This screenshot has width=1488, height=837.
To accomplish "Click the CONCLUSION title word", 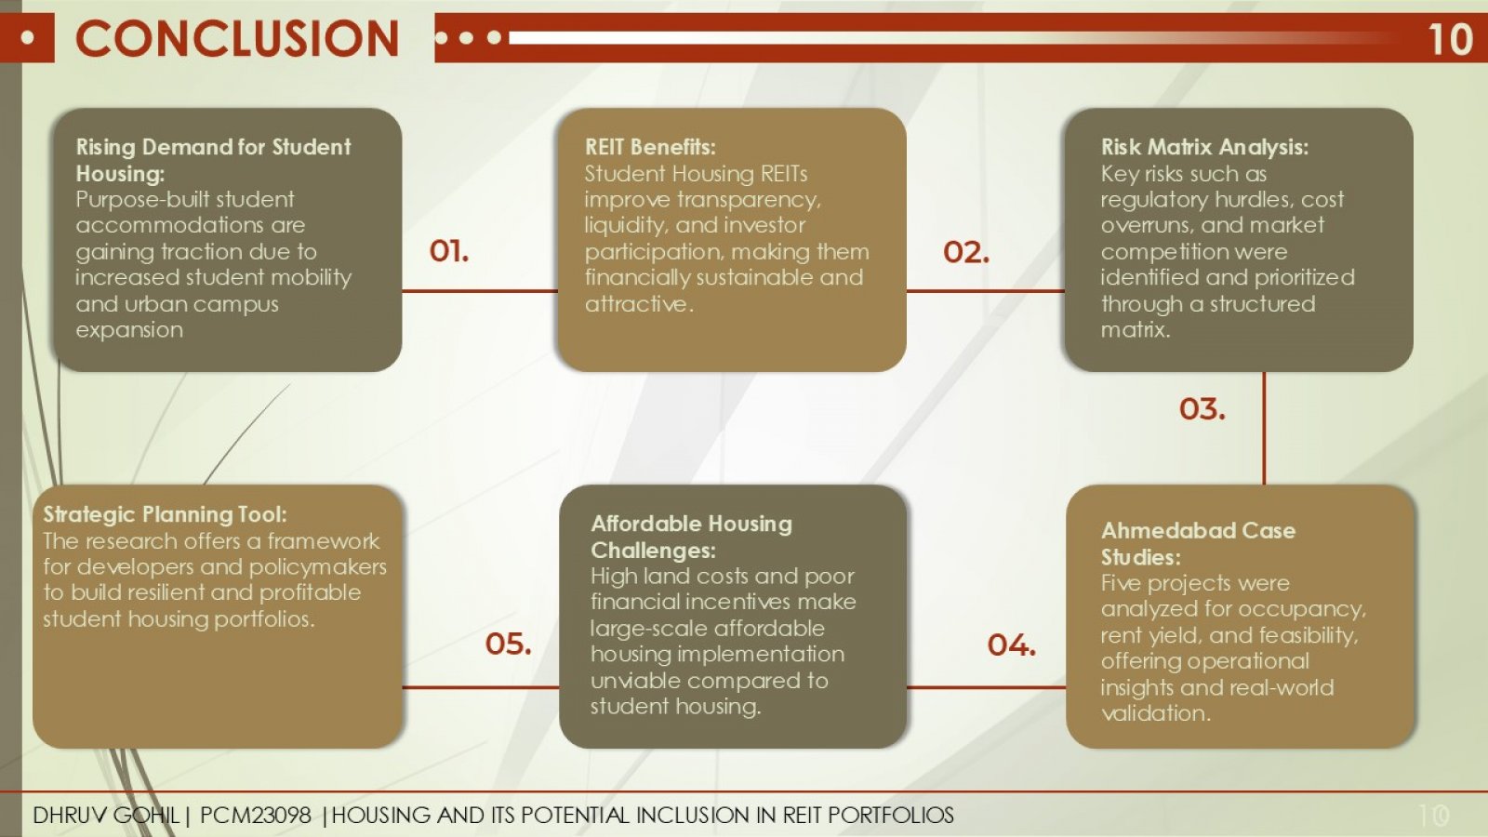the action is [237, 38].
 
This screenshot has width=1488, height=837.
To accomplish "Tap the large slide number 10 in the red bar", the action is [1450, 40].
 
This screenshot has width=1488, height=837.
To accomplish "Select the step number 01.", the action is [449, 251].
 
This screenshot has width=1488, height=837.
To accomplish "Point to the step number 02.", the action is [966, 252].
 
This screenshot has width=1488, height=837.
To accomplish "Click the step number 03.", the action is [1202, 409].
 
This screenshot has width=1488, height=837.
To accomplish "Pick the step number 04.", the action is [1012, 645].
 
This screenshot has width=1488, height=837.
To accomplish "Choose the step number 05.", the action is [508, 644].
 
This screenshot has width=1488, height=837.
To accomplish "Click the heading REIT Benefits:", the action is [650, 147].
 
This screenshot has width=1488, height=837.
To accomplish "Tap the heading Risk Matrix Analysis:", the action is [1204, 147].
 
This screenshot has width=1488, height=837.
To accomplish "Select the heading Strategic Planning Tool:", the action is [165, 515].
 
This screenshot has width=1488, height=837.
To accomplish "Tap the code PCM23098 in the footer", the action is [255, 815].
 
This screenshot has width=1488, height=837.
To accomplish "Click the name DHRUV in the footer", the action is [70, 815].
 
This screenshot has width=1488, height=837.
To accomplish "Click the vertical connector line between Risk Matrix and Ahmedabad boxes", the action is [1264, 429].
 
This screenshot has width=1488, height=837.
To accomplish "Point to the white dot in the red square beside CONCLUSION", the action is [27, 38].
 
